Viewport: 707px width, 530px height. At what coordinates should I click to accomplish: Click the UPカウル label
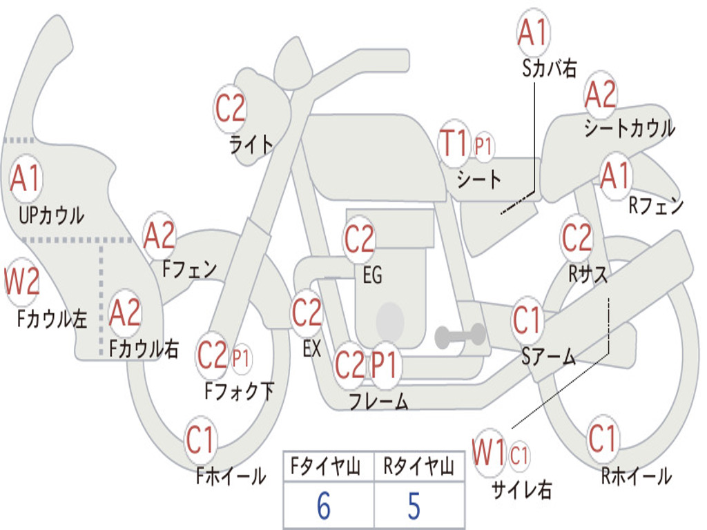51,215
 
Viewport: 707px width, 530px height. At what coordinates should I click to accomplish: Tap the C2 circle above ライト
231,108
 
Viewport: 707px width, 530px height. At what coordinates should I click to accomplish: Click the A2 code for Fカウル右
125,313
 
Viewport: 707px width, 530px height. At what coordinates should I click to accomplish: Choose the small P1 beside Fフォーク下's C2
241,358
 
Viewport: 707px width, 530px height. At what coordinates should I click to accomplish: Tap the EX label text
311,349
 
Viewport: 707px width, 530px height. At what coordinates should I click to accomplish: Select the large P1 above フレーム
385,364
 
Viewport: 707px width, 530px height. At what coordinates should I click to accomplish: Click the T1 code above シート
454,144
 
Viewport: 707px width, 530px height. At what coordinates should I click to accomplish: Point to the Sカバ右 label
550,68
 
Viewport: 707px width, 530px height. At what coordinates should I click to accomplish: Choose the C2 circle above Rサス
577,238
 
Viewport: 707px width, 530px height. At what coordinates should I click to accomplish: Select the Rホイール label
636,475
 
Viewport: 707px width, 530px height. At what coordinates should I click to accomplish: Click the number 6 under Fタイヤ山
323,507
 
